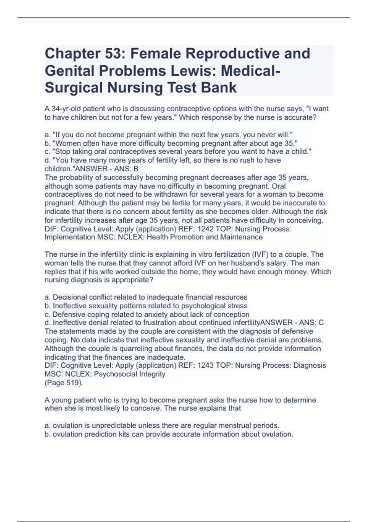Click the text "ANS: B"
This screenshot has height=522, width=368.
(128, 169)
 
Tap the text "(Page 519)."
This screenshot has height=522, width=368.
(64, 383)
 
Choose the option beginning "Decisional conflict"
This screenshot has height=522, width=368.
(146, 297)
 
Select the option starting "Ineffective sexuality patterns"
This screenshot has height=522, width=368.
(146, 306)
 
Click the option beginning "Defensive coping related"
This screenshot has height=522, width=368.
(147, 314)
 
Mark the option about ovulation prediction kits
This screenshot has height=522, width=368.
(169, 434)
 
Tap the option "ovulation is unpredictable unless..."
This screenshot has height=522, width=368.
(162, 426)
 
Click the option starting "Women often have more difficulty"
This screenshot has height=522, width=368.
(171, 143)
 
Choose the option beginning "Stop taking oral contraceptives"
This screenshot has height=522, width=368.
(178, 152)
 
